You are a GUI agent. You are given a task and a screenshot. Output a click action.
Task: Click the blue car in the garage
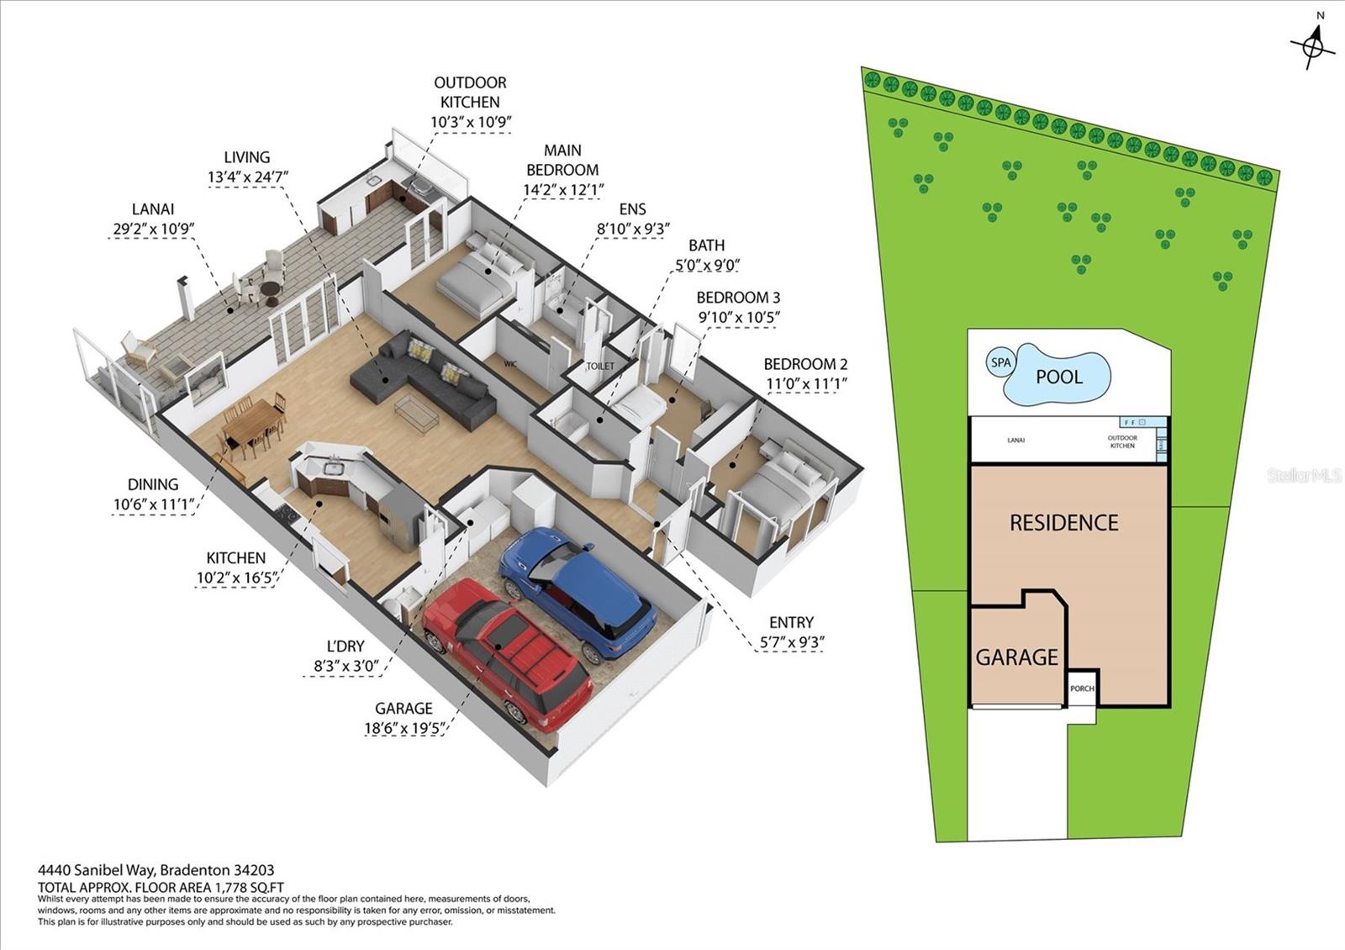tap(578, 593)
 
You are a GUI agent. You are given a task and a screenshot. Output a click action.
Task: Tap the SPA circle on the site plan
tap(1000, 363)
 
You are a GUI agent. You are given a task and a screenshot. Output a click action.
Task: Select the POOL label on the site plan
tap(1059, 377)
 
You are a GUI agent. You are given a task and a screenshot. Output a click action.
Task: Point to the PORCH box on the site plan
tap(1082, 689)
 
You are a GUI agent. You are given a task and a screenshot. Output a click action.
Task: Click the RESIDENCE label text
tap(1063, 523)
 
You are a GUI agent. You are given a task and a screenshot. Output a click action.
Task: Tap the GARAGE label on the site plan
tap(1016, 657)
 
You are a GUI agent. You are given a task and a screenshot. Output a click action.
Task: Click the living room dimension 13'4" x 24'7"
tap(247, 177)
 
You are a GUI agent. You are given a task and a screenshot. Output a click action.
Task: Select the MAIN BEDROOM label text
tap(562, 160)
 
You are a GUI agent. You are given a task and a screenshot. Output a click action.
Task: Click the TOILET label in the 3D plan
tap(600, 367)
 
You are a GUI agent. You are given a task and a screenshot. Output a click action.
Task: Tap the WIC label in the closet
tap(510, 364)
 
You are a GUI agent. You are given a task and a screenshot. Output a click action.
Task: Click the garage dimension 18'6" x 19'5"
tap(404, 728)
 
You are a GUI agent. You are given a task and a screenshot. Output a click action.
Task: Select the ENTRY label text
tap(791, 622)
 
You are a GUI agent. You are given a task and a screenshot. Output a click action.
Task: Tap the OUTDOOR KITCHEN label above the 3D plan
tap(470, 92)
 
